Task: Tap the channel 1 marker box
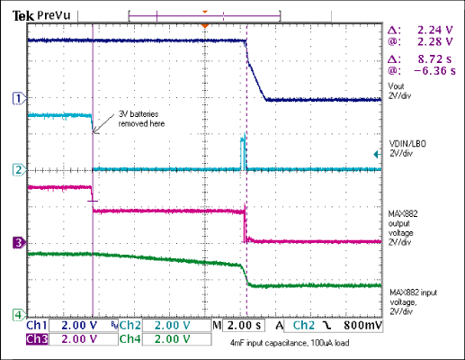click(x=15, y=98)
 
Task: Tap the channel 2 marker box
click(x=15, y=169)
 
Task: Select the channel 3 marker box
click(x=15, y=241)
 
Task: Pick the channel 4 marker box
click(x=15, y=313)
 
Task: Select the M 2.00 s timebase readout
click(x=239, y=324)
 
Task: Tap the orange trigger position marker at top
click(x=205, y=25)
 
